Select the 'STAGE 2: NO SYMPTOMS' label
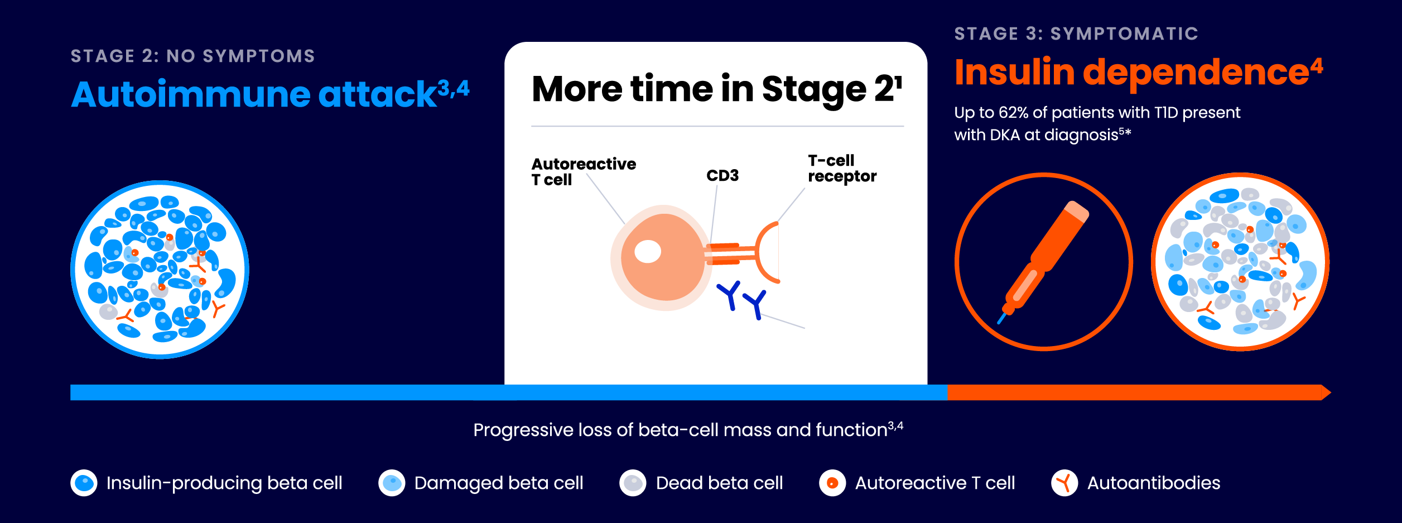coord(192,56)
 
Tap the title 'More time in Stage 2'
coord(714,89)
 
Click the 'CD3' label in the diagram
coord(722,176)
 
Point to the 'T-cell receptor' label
coord(841,169)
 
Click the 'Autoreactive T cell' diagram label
coord(582,172)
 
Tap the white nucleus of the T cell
coord(648,251)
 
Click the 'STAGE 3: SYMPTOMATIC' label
coord(1076,34)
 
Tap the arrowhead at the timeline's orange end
coord(1326,393)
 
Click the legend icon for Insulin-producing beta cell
coord(84,483)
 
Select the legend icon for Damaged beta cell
coord(392,483)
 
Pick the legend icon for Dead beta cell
coord(633,483)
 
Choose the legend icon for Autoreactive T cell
coord(832,483)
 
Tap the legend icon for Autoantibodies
coord(1064,483)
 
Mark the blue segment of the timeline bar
coord(502,393)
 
